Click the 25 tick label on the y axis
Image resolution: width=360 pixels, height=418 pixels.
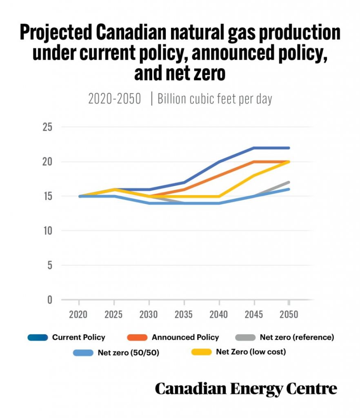[47, 127]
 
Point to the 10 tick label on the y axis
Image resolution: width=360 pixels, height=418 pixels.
[48, 231]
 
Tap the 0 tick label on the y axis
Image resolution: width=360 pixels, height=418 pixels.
[49, 300]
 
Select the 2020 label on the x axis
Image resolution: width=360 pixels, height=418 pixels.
[78, 315]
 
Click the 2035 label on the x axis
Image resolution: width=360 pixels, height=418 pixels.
[184, 315]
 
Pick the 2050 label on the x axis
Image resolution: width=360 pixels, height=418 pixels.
[289, 315]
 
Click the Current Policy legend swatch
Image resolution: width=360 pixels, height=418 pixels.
[38, 337]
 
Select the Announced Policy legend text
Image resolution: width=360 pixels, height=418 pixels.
[185, 337]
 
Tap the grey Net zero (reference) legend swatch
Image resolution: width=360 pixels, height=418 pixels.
[245, 337]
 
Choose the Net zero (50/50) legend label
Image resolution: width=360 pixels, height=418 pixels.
[129, 353]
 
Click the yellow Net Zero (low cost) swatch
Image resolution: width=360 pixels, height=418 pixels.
[202, 352]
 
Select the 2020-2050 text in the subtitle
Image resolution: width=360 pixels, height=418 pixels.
[115, 99]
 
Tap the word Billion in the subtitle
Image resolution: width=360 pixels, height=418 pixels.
[172, 99]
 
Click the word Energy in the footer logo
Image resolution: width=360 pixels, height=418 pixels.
[256, 389]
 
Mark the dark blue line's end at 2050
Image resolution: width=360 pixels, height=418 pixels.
[289, 148]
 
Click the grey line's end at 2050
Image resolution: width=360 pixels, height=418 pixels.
[289, 182]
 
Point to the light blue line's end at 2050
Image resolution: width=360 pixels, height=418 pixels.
[289, 189]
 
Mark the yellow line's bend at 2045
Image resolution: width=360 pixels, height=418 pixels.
[254, 176]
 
